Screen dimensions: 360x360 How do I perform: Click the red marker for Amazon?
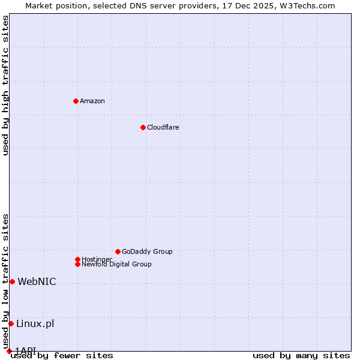coord(76,101)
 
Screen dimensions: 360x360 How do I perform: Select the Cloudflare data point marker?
coord(143,127)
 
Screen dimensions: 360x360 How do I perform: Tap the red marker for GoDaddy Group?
coord(118,251)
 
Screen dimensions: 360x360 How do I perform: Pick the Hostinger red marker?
coord(77,259)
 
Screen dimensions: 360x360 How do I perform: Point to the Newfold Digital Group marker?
coord(77,264)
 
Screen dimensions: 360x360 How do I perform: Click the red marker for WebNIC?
coord(12,281)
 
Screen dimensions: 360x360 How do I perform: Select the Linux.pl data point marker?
coord(11,323)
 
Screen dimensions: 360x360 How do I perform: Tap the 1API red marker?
coord(9,351)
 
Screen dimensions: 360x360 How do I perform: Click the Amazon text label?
coord(92,101)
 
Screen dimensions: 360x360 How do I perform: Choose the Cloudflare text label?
coord(163,127)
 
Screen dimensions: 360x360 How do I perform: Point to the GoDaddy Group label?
coord(147,251)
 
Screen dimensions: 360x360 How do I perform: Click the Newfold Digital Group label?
coord(117,265)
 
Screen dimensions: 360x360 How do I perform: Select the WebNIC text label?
coord(37,282)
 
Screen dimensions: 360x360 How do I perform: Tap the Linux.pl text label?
coord(35,324)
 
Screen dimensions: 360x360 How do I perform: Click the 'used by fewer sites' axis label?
coord(62,356)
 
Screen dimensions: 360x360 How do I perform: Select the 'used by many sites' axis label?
coord(301,356)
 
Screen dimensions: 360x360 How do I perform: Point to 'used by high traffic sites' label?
coord(5,85)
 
